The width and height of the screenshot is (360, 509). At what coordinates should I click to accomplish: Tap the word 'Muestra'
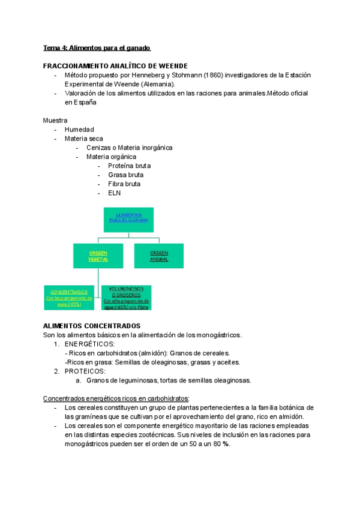[55, 120]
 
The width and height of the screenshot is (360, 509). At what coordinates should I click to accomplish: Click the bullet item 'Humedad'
[79, 129]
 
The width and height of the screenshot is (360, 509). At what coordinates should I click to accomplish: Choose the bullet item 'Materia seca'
[83, 138]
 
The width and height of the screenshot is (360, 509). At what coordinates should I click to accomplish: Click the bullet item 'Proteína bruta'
[129, 165]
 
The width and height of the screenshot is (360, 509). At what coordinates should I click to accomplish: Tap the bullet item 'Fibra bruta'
[124, 184]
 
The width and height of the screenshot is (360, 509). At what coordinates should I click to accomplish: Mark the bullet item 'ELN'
[115, 193]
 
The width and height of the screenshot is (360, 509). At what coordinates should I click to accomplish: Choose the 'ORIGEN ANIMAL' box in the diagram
[159, 256]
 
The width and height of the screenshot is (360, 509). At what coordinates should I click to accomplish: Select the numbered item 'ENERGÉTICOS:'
[89, 344]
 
